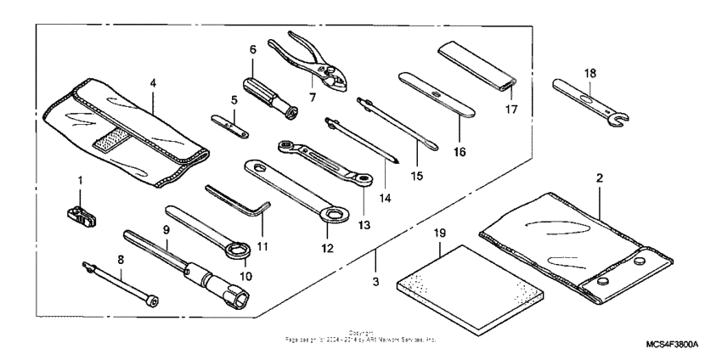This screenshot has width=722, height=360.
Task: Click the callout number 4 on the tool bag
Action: (152, 83)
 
